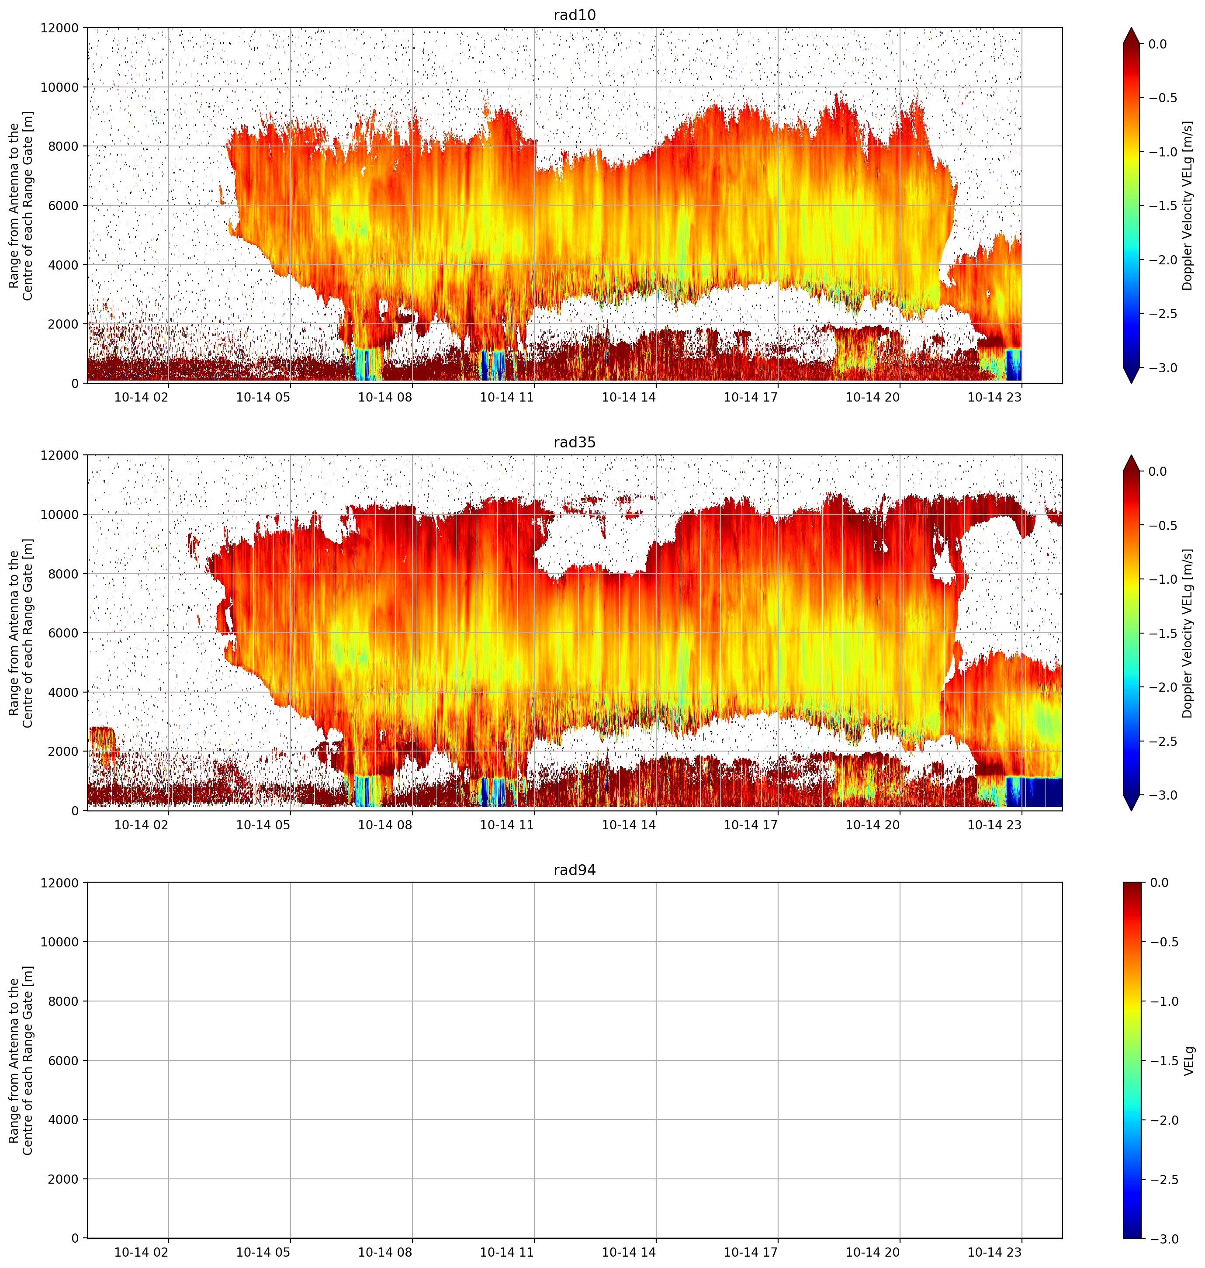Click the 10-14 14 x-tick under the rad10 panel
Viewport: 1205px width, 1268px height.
pyautogui.click(x=629, y=397)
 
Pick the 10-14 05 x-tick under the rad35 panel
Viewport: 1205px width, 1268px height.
pyautogui.click(x=263, y=824)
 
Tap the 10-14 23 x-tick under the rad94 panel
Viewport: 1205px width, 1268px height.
pyautogui.click(x=994, y=1252)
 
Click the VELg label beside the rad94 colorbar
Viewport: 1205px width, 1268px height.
pyautogui.click(x=1189, y=1060)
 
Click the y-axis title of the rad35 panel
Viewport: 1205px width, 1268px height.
pyautogui.click(x=21, y=633)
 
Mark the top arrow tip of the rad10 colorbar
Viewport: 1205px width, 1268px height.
pyautogui.click(x=1131, y=28)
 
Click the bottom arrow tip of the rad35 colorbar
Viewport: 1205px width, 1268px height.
pyautogui.click(x=1131, y=811)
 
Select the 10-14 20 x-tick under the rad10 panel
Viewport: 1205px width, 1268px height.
pyautogui.click(x=872, y=397)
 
